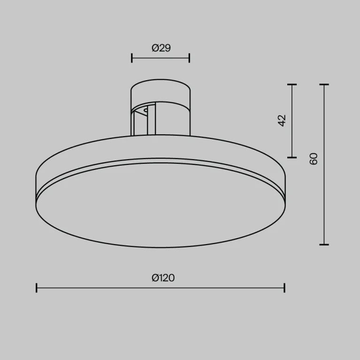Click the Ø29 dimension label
click(161, 47)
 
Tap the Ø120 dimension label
click(163, 278)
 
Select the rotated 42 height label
click(282, 120)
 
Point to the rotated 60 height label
click(314, 159)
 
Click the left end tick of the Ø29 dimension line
click(132, 58)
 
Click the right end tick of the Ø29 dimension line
click(189, 58)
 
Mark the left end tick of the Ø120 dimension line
click(37, 288)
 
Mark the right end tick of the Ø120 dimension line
click(284, 288)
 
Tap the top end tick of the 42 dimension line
click(292, 85)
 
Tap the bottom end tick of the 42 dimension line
click(292, 157)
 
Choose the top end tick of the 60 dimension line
click(324, 85)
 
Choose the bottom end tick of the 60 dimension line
click(324, 245)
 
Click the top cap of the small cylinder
click(161, 89)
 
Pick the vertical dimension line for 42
click(292, 141)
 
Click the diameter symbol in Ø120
click(155, 278)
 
